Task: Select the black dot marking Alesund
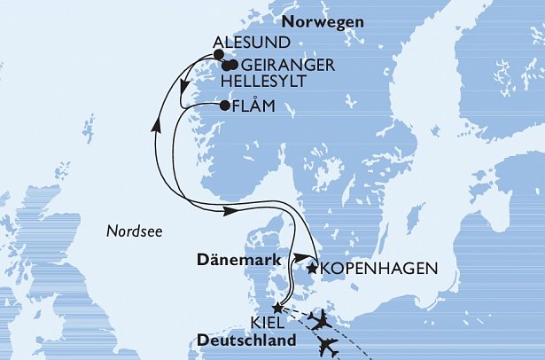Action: [219, 54]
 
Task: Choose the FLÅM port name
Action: [253, 106]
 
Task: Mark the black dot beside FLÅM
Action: [223, 106]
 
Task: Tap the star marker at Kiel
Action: [277, 309]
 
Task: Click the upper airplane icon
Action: [322, 318]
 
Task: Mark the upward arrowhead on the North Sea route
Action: [156, 126]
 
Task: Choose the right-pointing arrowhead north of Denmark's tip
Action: [229, 210]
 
